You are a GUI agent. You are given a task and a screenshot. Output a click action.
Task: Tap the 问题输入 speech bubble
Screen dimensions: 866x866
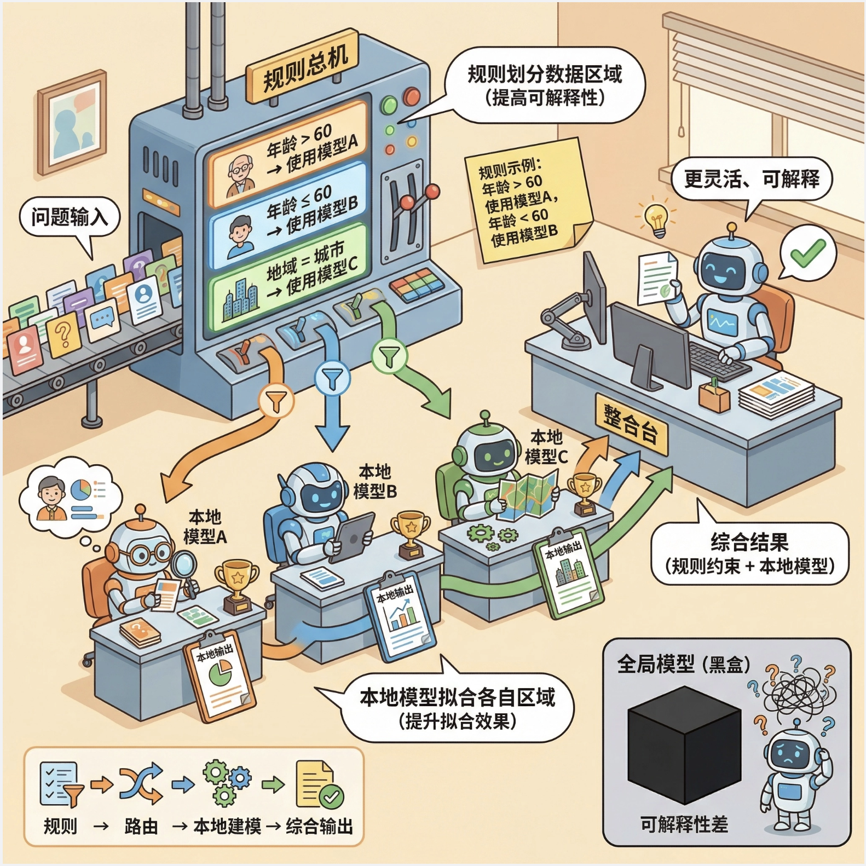point(70,217)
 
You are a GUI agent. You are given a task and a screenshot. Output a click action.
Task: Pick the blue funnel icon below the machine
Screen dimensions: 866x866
point(332,378)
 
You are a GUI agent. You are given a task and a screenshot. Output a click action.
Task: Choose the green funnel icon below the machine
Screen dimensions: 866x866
point(389,356)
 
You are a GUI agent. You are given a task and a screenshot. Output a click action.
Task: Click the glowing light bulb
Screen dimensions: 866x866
point(656,219)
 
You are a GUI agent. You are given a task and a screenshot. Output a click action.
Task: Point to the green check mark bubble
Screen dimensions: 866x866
point(807,253)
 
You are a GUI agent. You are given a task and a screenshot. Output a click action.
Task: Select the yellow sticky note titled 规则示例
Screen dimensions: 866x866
point(526,202)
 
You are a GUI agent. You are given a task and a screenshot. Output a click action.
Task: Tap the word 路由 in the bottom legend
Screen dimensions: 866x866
point(141,826)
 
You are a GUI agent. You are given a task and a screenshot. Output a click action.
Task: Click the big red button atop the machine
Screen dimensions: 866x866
point(412,96)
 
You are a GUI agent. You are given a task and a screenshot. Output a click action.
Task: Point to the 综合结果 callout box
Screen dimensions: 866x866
point(749,553)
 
